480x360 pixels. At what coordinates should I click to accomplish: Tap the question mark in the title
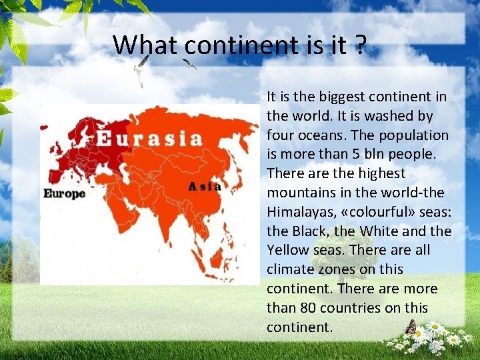click(360, 45)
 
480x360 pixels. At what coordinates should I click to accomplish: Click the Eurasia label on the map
click(149, 138)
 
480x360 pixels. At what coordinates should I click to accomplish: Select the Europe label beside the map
click(65, 193)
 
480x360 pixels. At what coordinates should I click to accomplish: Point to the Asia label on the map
click(205, 187)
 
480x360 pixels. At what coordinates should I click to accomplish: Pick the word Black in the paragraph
click(309, 231)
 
